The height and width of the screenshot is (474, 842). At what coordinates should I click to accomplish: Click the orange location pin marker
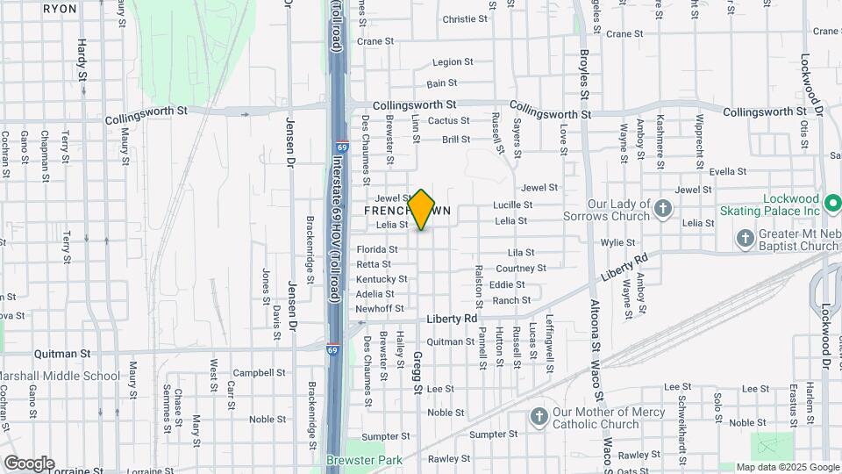422,209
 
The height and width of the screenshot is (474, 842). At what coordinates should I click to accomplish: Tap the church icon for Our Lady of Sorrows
664,209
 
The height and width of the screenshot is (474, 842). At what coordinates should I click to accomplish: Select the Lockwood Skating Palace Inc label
779,205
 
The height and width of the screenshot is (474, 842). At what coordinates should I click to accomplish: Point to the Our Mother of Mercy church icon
539,414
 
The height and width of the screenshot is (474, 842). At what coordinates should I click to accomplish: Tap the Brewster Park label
364,460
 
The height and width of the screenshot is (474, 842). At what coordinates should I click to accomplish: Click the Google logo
29,463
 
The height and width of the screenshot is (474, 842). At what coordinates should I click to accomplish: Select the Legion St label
453,62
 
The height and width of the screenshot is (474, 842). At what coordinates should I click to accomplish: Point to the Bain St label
442,83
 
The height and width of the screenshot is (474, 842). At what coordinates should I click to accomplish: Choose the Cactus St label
449,121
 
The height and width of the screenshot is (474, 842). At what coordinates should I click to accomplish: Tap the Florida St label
377,249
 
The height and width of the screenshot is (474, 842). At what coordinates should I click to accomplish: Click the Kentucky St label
382,279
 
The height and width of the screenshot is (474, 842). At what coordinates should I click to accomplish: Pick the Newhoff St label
380,308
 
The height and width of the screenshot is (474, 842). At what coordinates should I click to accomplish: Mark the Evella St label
727,171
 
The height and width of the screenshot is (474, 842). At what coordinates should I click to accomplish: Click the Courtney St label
521,268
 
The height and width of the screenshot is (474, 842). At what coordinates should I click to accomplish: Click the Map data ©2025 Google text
787,467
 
